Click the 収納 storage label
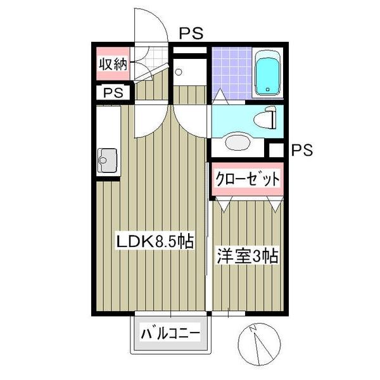coord(113,64)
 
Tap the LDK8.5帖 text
coord(153,241)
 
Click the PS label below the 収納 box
coord(113,92)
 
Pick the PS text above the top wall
coord(191,34)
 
